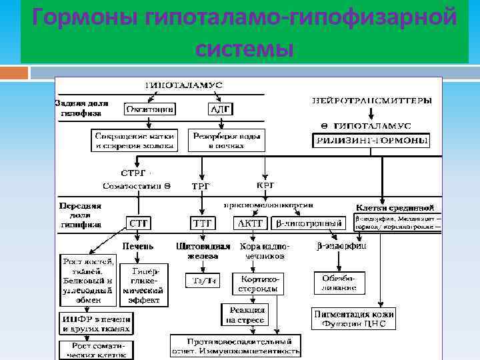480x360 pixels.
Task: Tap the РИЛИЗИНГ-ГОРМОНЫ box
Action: tap(371, 141)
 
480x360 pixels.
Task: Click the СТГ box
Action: tap(139, 223)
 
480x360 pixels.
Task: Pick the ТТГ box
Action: tap(202, 223)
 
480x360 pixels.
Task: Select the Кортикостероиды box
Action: tap(257, 283)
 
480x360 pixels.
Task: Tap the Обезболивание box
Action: tap(339, 283)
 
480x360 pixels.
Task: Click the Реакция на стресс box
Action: tap(243, 315)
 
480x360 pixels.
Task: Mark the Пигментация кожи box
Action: tap(354, 319)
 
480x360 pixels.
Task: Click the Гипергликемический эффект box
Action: tap(144, 285)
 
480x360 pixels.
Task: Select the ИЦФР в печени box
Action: tap(95, 323)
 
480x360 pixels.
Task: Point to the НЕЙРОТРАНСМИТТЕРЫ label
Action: tap(372, 101)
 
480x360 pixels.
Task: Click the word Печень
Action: tap(141, 246)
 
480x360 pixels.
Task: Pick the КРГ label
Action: tap(265, 185)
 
